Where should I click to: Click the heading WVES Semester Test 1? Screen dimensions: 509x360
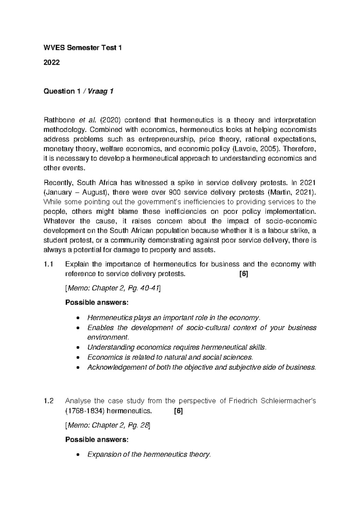[x=82, y=48]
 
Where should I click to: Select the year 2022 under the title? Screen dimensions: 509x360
[x=52, y=62]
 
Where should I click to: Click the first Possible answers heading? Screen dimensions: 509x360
[x=97, y=303]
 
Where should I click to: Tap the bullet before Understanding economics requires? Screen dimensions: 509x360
[x=78, y=348]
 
